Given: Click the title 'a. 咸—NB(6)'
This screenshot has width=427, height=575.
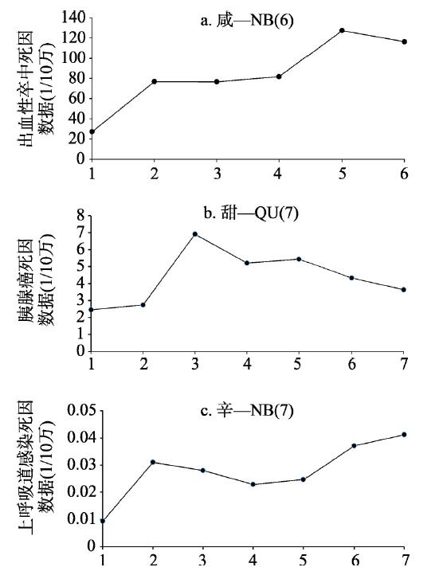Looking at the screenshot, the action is tap(247, 21).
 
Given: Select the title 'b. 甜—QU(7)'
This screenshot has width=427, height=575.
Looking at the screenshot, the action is tap(251, 213).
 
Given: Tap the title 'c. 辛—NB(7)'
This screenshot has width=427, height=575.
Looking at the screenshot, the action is tap(247, 411).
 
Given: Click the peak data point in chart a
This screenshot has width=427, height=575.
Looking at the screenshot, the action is tap(342, 30).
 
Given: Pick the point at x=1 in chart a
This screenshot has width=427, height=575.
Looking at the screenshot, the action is tap(92, 131).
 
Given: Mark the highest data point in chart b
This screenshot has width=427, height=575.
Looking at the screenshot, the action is tap(195, 234).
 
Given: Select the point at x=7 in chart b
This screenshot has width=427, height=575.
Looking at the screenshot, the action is tap(404, 290).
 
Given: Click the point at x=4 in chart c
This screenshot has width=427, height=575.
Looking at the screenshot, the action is tap(253, 484).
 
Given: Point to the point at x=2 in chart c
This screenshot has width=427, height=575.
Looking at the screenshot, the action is tap(153, 462).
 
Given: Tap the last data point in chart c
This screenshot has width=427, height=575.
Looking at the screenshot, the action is tap(404, 435).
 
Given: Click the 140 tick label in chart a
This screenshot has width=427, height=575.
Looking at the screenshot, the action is tap(73, 18).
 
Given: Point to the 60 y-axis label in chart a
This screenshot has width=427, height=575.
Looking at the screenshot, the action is tap(77, 98).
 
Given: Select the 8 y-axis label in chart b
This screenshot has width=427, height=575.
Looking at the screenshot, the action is tap(81, 216).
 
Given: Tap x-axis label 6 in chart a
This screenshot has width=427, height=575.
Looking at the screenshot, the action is tap(404, 174).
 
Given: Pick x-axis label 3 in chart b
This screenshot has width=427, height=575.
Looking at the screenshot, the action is tap(195, 364).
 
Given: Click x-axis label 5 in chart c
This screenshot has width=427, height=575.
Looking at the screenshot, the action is tap(303, 560).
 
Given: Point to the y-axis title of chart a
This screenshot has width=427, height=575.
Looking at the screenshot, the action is tap(37, 88).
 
